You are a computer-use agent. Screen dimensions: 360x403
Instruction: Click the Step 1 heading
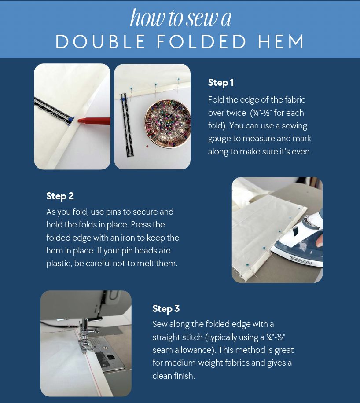click(x=220, y=83)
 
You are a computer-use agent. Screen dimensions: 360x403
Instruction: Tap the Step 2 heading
click(x=60, y=196)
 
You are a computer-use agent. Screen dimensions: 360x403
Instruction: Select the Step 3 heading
click(x=166, y=309)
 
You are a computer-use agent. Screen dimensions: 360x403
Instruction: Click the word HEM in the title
click(x=281, y=42)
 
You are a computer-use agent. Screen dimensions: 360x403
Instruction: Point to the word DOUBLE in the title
click(x=100, y=42)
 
